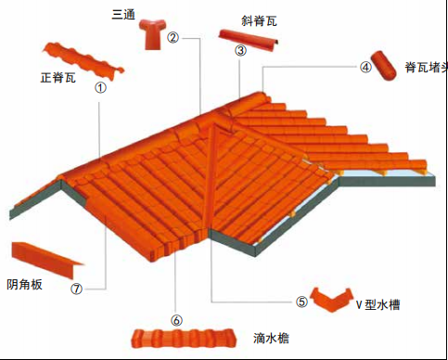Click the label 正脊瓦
[58, 77]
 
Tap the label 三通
[123, 15]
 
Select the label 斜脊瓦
[259, 21]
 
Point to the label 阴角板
[24, 284]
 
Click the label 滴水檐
[271, 338]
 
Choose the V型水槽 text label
[378, 305]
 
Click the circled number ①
[100, 88]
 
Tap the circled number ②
[173, 38]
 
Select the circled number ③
[240, 50]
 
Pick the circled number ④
[365, 67]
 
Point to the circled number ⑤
[301, 302]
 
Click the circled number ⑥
[176, 320]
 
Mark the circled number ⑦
[76, 289]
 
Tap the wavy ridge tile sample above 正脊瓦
[83, 62]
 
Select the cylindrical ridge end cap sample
[384, 66]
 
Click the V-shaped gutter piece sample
[331, 300]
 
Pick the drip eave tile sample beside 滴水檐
[185, 339]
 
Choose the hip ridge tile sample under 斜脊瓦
[248, 40]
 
